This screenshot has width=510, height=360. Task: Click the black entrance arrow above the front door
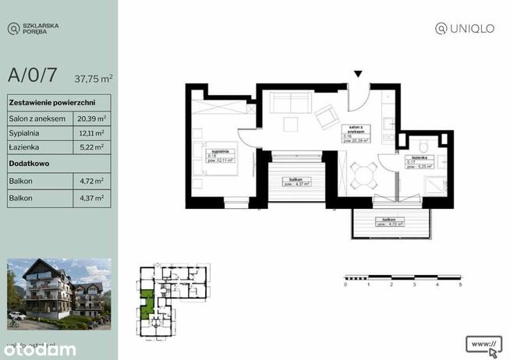pos(358,75)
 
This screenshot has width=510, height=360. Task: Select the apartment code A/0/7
pos(32,76)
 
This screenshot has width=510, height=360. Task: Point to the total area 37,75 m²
pos(93,78)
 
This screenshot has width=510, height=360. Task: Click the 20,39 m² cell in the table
pos(91,118)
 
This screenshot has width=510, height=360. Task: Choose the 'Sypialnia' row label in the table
pos(26,132)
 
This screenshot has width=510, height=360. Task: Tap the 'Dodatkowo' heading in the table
pos(30,164)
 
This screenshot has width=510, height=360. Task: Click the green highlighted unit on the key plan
pos(147,303)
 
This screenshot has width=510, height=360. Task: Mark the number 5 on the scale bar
pos(460,285)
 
